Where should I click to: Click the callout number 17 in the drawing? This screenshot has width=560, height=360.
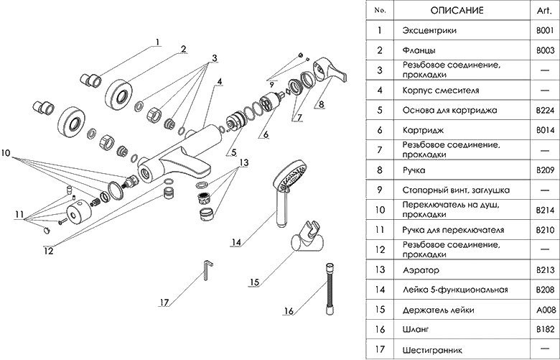164,303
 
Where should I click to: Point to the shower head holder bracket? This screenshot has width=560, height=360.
304,241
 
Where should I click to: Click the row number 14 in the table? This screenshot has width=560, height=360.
381,290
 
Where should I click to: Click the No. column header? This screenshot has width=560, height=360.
381,11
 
